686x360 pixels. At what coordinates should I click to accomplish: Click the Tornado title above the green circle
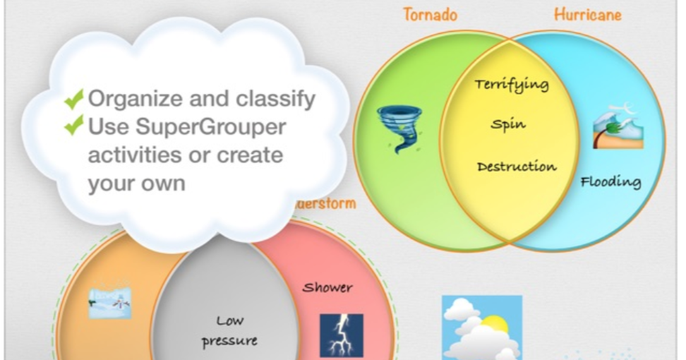(x=430, y=14)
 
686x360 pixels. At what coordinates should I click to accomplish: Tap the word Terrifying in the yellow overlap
(x=512, y=85)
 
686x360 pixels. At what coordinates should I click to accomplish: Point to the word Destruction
(x=517, y=167)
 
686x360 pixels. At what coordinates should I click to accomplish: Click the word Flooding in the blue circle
(x=610, y=182)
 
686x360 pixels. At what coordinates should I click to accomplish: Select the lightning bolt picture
(x=341, y=335)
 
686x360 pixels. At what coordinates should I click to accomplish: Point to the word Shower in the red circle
(x=327, y=288)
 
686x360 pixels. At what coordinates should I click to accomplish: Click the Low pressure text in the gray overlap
(x=229, y=331)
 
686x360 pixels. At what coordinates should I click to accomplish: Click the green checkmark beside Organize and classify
(x=73, y=99)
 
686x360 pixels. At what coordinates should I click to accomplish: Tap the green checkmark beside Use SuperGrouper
(x=73, y=126)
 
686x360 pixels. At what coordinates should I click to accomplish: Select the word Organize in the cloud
(x=128, y=99)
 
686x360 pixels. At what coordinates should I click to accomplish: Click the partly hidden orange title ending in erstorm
(x=325, y=204)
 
